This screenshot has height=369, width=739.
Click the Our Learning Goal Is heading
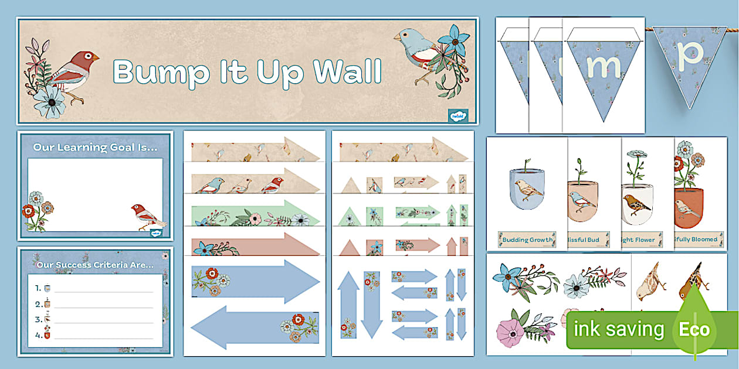tap(95, 148)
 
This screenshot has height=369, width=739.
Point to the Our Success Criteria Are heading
tap(95, 265)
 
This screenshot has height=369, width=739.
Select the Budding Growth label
tap(526, 239)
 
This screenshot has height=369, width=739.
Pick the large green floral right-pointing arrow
tap(256, 213)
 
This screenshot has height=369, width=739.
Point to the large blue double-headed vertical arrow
tap(348, 305)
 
